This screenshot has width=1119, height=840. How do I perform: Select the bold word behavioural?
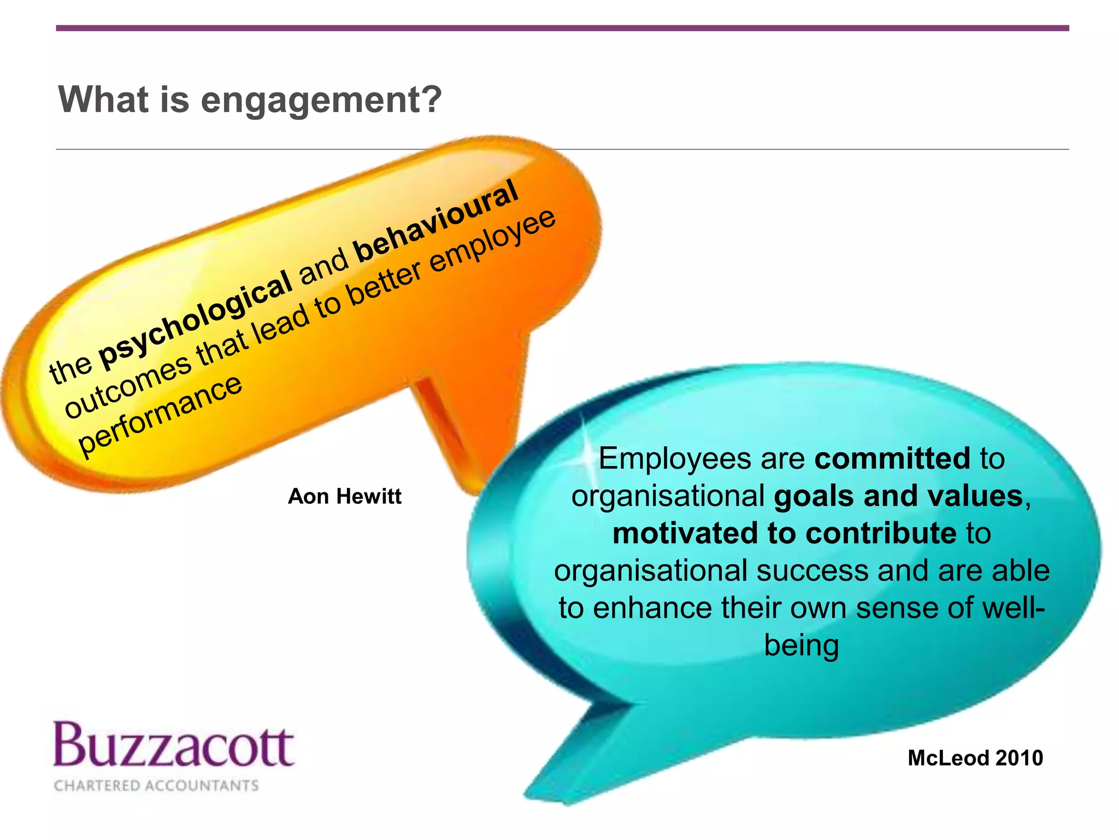[x=436, y=220]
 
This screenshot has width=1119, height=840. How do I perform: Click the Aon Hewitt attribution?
[x=344, y=497]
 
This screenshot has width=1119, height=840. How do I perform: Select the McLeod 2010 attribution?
[x=975, y=758]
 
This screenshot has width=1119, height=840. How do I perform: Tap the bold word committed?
[x=892, y=458]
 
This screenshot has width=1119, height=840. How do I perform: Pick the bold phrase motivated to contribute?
[x=785, y=533]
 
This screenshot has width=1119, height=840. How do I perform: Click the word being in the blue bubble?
[x=801, y=645]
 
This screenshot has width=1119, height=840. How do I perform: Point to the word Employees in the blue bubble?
[x=674, y=458]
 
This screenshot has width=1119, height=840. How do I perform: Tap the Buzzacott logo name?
[x=174, y=745]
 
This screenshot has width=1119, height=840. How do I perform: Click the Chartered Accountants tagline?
[x=156, y=786]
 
